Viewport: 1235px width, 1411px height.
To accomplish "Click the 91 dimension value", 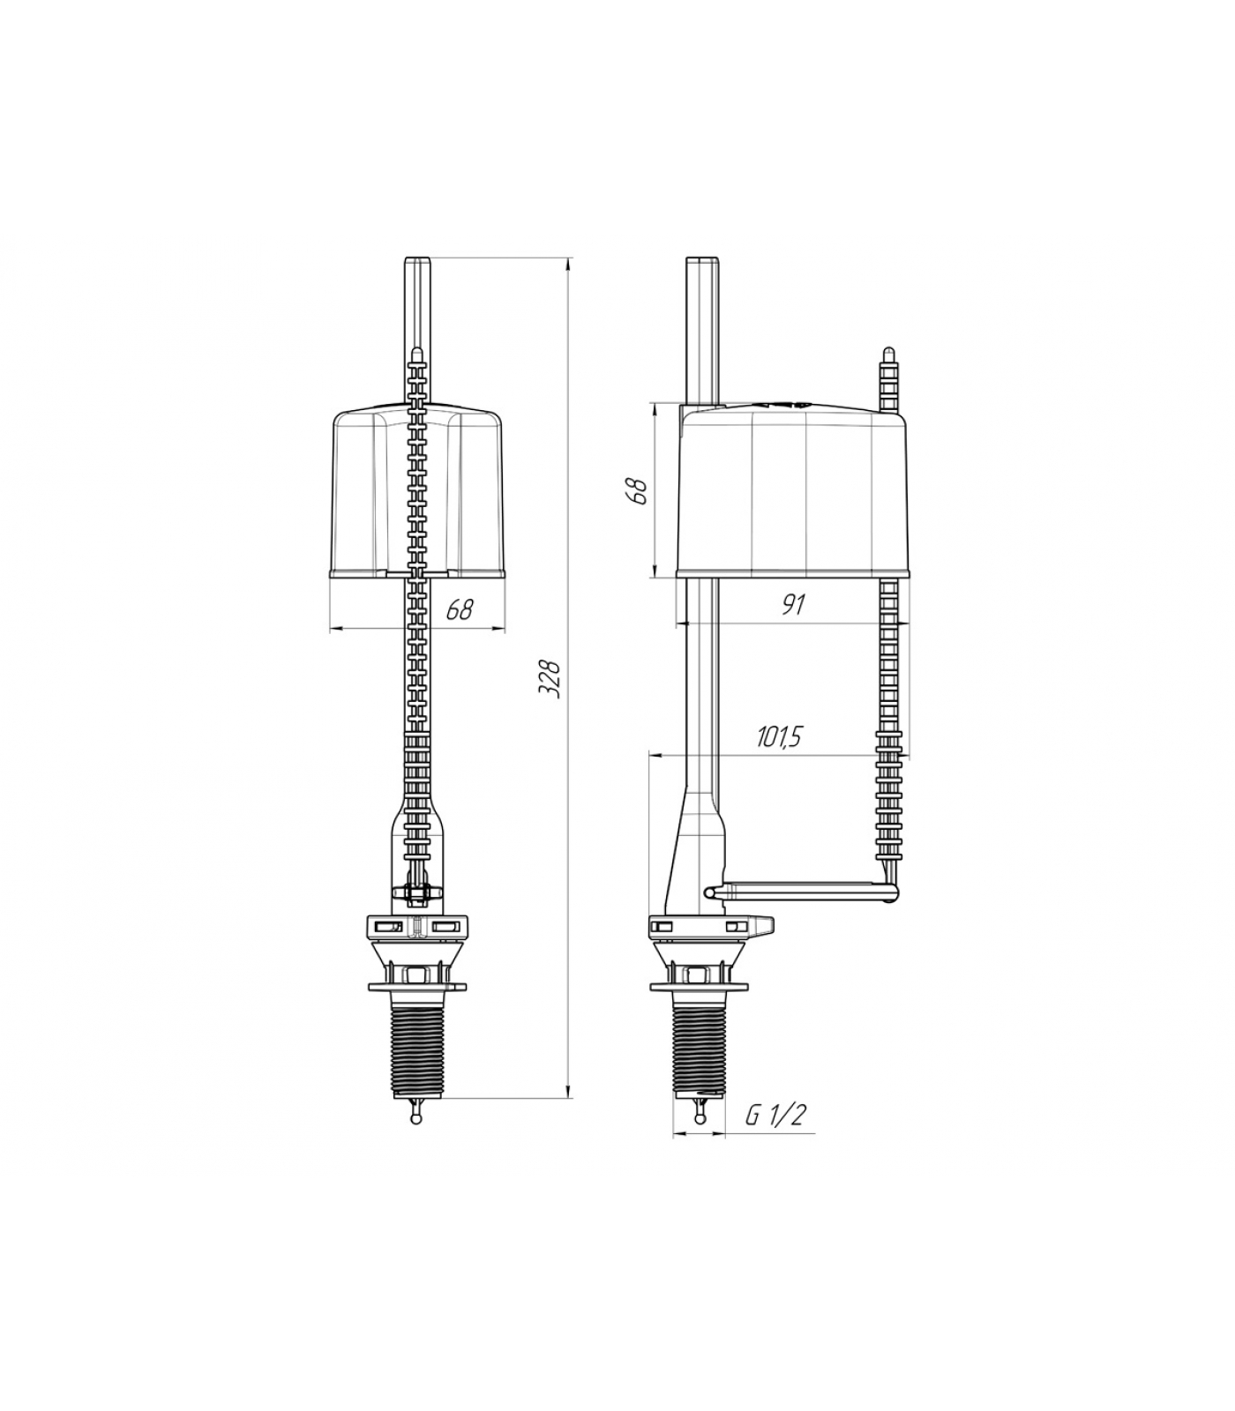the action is coord(794,604).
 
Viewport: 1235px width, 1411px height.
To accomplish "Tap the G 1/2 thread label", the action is coord(775,1115).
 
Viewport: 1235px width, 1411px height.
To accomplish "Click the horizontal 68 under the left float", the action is coord(459,609).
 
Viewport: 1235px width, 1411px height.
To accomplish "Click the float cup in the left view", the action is coord(417,491).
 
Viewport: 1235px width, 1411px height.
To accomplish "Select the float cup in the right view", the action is coord(792,489).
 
